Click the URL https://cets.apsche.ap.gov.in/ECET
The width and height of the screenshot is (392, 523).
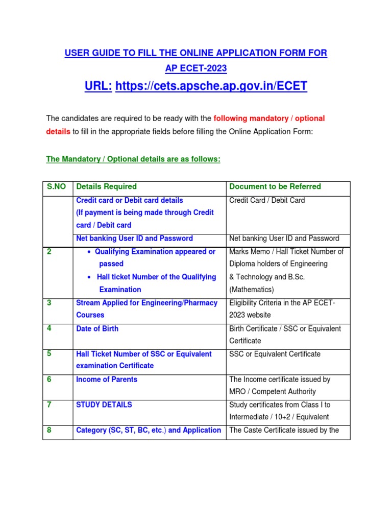pyautogui.click(x=211, y=86)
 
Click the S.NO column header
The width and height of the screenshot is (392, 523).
pyautogui.click(x=56, y=186)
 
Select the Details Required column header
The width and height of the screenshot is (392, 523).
pyautogui.click(x=106, y=186)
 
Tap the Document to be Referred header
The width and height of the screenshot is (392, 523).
pyautogui.click(x=275, y=186)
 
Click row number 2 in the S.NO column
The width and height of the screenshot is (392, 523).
pyautogui.click(x=49, y=251)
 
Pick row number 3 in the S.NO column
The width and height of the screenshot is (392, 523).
pyautogui.click(x=49, y=302)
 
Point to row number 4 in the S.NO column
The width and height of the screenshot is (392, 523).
pyautogui.click(x=49, y=328)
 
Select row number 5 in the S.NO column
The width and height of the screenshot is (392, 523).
pyautogui.click(x=49, y=353)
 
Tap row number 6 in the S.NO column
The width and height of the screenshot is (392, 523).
pyautogui.click(x=49, y=379)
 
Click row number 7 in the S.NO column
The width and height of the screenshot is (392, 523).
pyautogui.click(x=49, y=405)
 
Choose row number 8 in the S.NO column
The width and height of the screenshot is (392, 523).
pyautogui.click(x=49, y=430)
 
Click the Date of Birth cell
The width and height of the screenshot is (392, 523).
pyautogui.click(x=97, y=328)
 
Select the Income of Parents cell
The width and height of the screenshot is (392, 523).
pyautogui.click(x=106, y=379)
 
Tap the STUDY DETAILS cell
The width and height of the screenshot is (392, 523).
pyautogui.click(x=104, y=405)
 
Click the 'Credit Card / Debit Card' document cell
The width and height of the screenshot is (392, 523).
pyautogui.click(x=267, y=200)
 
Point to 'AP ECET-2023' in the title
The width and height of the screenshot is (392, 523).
pyautogui.click(x=195, y=68)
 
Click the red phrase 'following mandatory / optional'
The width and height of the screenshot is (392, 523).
pyautogui.click(x=269, y=118)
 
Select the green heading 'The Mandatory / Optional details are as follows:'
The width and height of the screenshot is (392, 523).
pyautogui.click(x=133, y=159)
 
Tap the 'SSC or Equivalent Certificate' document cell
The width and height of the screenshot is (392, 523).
pyautogui.click(x=275, y=354)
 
